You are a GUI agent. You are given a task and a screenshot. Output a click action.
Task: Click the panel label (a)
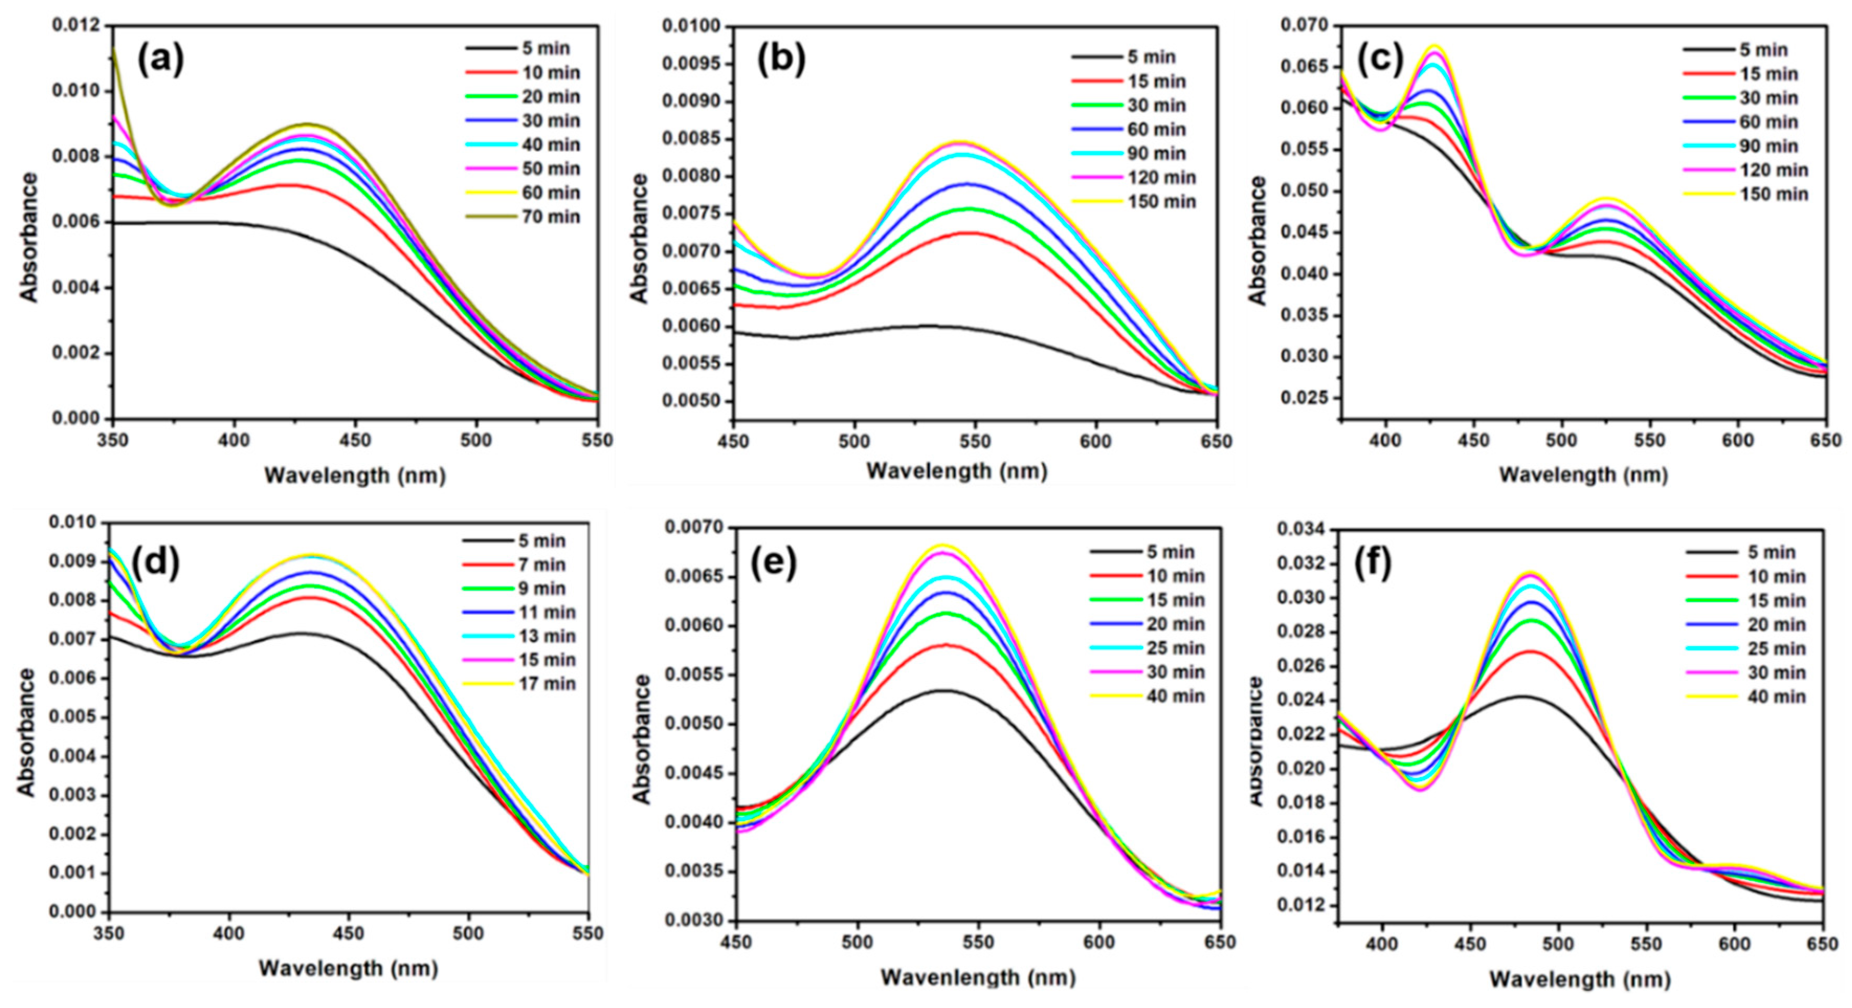pyautogui.click(x=160, y=60)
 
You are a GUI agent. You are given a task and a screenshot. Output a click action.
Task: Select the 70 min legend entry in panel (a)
pyautogui.click(x=550, y=216)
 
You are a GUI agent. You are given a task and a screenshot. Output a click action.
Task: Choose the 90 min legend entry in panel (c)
pyautogui.click(x=1768, y=146)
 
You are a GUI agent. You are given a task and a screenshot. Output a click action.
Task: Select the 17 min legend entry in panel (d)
pyautogui.click(x=546, y=684)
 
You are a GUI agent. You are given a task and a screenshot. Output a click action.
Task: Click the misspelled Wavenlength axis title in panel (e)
pyautogui.click(x=978, y=978)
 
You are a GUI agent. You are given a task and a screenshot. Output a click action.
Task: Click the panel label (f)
pyautogui.click(x=1373, y=564)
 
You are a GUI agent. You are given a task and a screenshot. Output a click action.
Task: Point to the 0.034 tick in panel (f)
pyautogui.click(x=1299, y=530)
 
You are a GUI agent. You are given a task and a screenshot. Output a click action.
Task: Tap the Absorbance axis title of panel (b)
pyautogui.click(x=639, y=237)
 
